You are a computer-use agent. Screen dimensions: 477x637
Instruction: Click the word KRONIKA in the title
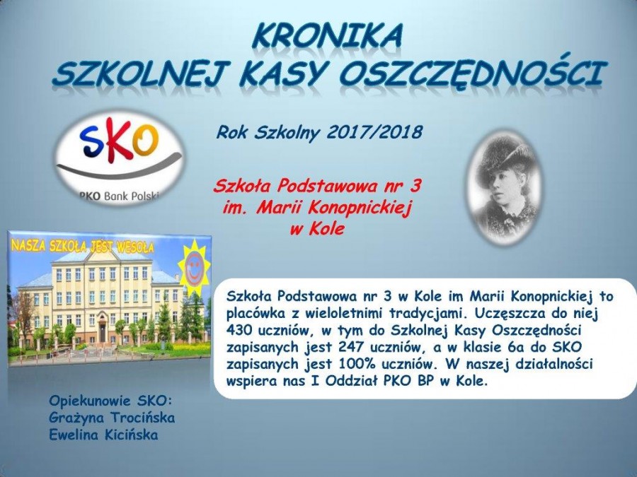click(327, 35)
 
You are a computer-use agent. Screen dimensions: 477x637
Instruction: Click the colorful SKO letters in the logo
click(119, 143)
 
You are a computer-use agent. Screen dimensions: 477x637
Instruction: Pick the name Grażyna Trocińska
click(112, 418)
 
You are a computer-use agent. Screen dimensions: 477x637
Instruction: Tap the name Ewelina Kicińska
click(103, 435)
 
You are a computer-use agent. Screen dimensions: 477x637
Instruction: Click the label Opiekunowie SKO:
click(110, 401)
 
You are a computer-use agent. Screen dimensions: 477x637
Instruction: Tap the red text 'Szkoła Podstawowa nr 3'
click(317, 187)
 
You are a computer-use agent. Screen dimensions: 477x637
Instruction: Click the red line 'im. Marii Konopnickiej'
click(317, 208)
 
